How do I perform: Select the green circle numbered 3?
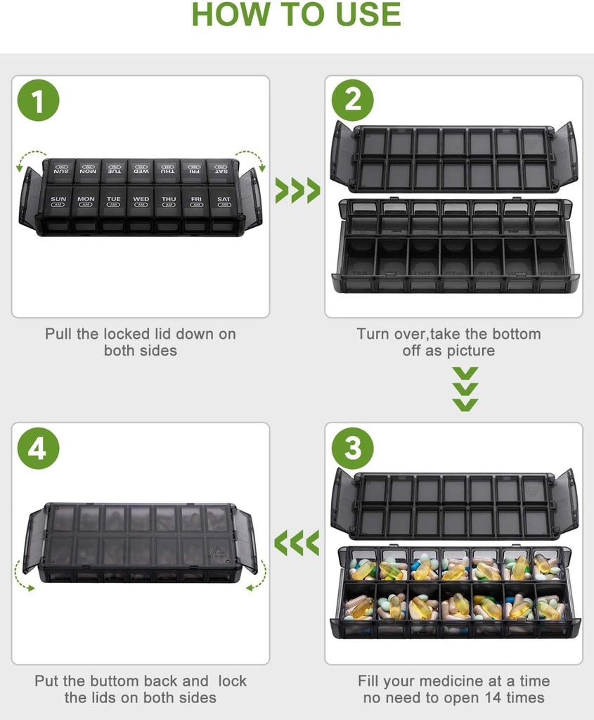tap(352, 448)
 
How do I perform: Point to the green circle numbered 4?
tap(38, 448)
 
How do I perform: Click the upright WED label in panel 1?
tap(141, 199)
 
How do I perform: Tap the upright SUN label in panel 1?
tap(58, 199)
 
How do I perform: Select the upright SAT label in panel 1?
tap(224, 199)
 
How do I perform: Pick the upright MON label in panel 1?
tap(86, 199)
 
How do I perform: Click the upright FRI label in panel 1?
tap(196, 199)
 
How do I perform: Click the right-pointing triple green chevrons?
tap(297, 191)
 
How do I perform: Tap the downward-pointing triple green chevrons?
tap(465, 388)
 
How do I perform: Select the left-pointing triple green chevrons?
tap(297, 542)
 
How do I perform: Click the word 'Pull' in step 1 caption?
tap(59, 334)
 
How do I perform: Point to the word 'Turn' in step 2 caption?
tap(373, 334)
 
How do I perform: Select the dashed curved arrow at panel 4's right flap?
tap(258, 575)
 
